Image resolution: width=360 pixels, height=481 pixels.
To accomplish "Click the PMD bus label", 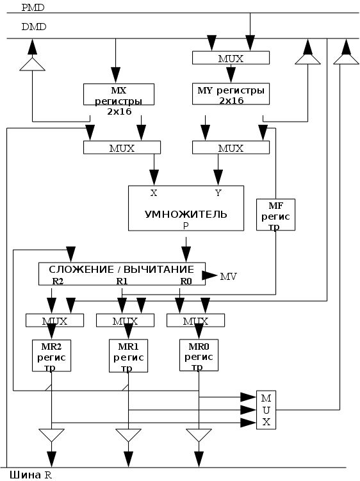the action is [x=33, y=8].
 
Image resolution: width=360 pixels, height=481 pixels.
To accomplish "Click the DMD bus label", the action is [x=34, y=27].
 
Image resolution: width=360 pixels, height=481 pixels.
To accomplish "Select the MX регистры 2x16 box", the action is [x=119, y=95].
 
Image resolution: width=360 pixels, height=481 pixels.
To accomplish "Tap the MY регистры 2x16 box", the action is [x=231, y=94].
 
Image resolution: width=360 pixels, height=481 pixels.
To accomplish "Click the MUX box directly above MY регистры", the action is [x=231, y=58].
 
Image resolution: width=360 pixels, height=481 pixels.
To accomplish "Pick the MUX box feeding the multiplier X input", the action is [x=122, y=147].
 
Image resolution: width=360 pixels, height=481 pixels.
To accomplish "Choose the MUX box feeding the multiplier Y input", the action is [x=231, y=147].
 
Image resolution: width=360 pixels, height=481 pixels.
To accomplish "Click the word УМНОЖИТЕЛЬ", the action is [x=186, y=214].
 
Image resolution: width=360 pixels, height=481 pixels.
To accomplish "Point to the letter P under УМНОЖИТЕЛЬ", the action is [x=186, y=226].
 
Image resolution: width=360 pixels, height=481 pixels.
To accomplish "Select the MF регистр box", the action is [x=275, y=215].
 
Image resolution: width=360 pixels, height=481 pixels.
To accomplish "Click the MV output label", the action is [x=228, y=277].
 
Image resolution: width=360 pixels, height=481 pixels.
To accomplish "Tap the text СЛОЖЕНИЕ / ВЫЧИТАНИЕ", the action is [x=122, y=270].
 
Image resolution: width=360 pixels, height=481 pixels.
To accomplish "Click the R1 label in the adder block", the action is [x=122, y=281].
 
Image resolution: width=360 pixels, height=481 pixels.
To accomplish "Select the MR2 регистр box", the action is [x=51, y=355].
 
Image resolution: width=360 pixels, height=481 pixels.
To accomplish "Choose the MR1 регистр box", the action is [x=128, y=356].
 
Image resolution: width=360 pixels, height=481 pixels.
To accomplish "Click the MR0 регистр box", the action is [x=199, y=355].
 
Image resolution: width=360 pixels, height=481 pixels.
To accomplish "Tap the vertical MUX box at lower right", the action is [x=266, y=410].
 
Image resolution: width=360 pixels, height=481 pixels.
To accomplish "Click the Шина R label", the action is [x=31, y=475].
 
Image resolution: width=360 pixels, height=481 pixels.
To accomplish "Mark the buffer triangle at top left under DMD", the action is [x=32, y=64].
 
